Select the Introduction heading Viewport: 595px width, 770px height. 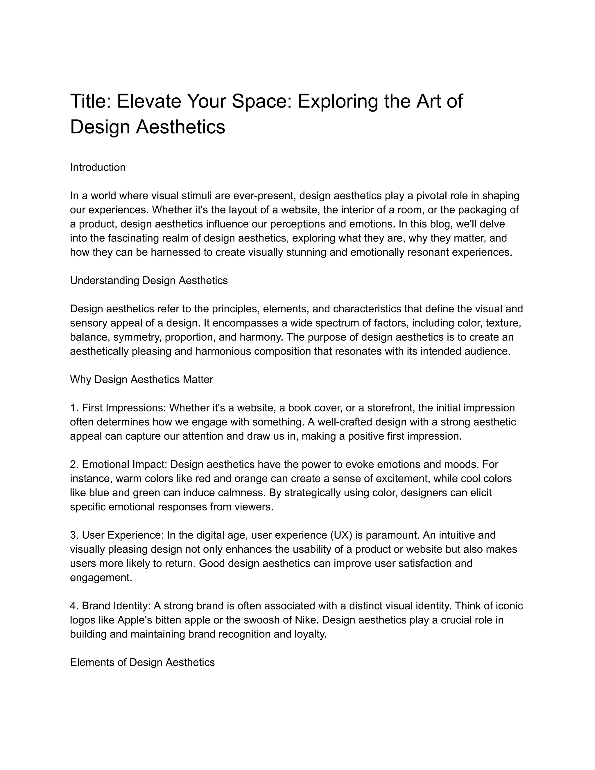point(98,167)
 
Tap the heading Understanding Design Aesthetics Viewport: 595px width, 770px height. point(149,281)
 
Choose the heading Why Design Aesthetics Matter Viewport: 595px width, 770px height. point(141,380)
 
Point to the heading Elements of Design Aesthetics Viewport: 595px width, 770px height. point(142,662)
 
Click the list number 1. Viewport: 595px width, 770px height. point(74,408)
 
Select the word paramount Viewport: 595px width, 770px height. point(392,535)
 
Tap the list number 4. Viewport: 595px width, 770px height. point(74,606)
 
